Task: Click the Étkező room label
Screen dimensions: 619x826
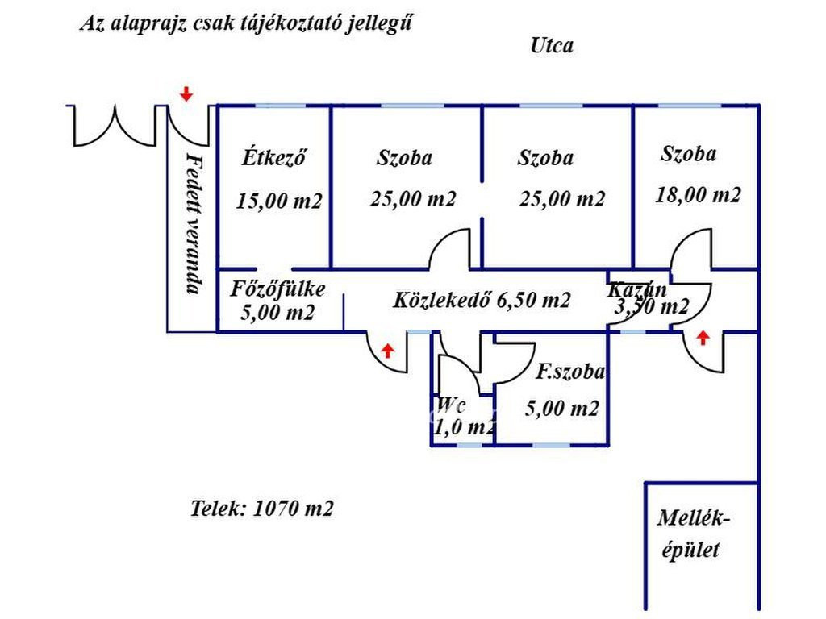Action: tap(273, 157)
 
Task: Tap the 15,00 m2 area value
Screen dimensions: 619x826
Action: tap(279, 201)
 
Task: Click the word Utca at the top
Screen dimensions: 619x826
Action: tap(552, 45)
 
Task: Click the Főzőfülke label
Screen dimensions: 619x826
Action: tap(277, 289)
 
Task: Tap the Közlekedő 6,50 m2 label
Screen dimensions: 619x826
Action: tap(482, 301)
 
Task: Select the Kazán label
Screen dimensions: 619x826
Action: tap(637, 289)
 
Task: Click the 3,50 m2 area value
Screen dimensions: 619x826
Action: tap(652, 307)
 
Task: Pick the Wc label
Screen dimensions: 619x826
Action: tap(452, 405)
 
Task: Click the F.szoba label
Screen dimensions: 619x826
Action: tap(570, 372)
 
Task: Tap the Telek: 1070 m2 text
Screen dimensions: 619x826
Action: tap(261, 509)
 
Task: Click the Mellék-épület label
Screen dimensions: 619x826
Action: tap(692, 534)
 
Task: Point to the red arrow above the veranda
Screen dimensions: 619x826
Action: tap(186, 93)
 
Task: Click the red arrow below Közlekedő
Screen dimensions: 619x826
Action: tap(388, 350)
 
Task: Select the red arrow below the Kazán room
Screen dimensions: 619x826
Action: tap(703, 338)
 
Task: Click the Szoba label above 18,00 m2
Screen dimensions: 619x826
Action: tap(688, 153)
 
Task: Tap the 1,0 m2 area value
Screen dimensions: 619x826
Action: tap(464, 428)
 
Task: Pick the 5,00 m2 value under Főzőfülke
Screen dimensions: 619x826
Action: tap(277, 314)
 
